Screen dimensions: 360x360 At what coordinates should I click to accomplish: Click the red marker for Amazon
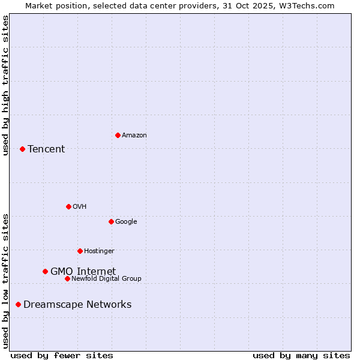[118, 135]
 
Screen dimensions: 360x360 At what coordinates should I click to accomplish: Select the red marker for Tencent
[22, 149]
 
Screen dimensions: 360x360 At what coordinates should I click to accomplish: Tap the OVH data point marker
[68, 206]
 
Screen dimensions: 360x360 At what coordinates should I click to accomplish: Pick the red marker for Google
[111, 221]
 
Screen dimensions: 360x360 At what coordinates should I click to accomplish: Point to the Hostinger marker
[80, 251]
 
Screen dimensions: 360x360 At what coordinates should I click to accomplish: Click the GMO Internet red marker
[45, 271]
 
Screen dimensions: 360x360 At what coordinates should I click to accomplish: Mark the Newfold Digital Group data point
[67, 278]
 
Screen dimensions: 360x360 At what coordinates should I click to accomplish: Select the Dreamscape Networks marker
[18, 304]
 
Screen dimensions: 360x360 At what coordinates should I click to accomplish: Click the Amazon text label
[134, 135]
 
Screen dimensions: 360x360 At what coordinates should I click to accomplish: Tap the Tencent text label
[46, 149]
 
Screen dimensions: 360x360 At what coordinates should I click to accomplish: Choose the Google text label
[126, 221]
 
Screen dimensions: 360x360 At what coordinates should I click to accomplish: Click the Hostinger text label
[99, 251]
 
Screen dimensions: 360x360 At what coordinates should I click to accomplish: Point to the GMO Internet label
[83, 271]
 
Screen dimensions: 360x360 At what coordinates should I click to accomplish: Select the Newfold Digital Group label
[106, 278]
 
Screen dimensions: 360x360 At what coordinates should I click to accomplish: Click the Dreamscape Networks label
[77, 304]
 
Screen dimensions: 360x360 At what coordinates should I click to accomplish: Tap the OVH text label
[79, 206]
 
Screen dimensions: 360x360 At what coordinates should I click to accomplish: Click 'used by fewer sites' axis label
[62, 355]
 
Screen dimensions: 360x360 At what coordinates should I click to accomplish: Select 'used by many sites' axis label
[301, 355]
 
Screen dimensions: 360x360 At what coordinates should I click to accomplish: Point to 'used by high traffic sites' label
[5, 85]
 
